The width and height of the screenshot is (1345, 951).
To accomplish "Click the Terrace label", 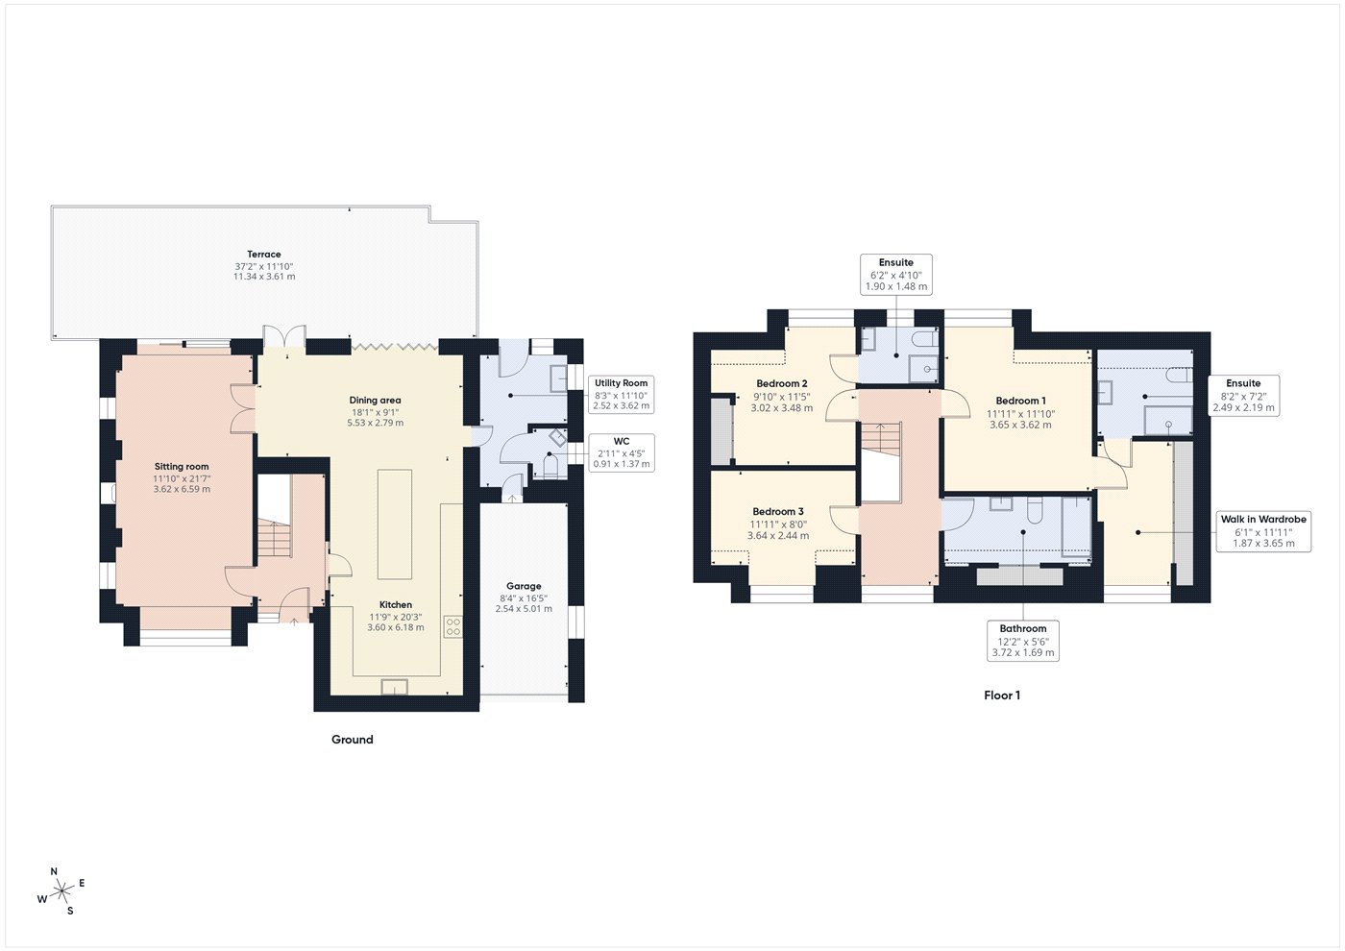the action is pos(264,254).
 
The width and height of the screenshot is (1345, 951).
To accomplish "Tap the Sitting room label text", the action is pos(182,467).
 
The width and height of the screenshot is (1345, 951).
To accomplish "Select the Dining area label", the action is pos(375,400).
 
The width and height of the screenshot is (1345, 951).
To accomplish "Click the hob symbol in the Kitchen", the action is pos(453,626).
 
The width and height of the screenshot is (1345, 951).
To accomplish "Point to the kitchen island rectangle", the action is pos(395,524).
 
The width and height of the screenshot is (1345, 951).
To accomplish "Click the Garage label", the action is pos(524,586).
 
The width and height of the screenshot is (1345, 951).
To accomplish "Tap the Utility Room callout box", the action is pos(621,394).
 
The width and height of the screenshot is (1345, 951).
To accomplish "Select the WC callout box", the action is pos(622,452).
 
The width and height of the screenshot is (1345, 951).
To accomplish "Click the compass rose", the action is pos(61,891).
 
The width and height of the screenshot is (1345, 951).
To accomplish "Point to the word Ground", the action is pos(353,740).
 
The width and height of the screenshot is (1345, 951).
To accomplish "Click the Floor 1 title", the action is pos(1001,695).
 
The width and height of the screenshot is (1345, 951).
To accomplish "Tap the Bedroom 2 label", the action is pos(782,383).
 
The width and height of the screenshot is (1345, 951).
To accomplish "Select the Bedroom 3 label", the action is pos(778,511).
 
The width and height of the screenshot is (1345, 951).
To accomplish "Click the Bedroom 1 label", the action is pos(1020,401).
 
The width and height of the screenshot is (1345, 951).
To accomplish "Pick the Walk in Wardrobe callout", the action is pos(1263,531).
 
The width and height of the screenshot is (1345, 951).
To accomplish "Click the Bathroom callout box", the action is pos(1023,641).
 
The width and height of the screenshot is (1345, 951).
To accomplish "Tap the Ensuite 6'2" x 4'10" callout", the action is pos(896,275).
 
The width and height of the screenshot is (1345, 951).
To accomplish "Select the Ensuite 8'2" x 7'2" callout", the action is pos(1243,395).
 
